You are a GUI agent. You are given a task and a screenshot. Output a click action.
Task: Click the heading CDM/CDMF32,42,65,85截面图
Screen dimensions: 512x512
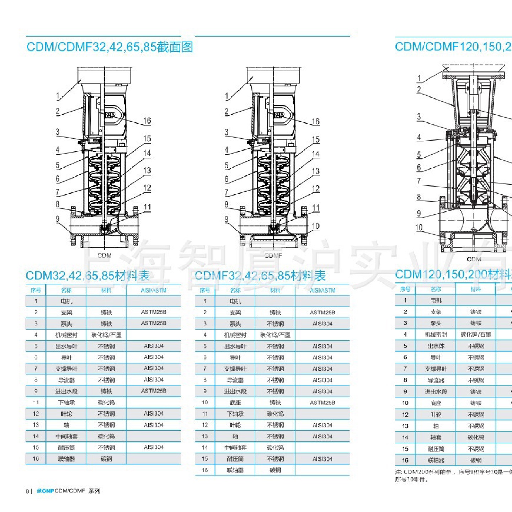coord(110,47)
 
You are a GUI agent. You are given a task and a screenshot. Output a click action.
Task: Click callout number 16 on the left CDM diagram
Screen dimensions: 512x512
coord(147,121)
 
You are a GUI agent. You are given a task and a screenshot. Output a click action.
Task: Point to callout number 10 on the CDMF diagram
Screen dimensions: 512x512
coord(315,226)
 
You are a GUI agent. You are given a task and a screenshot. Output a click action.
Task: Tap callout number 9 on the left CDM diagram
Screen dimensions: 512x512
coord(58,219)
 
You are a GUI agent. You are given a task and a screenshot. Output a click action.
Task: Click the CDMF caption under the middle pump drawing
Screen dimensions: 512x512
coord(273,256)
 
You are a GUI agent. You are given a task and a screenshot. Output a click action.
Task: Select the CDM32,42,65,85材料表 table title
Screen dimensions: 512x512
coord(87,276)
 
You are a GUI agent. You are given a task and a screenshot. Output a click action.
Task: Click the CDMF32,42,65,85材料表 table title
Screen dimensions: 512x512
coord(260,276)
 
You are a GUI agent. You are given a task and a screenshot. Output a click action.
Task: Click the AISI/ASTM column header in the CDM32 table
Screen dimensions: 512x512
coord(154,290)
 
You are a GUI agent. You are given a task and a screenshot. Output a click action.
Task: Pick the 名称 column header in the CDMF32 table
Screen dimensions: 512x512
coord(235,290)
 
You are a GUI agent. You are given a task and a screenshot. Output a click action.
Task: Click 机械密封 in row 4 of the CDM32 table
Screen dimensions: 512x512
coord(66,335)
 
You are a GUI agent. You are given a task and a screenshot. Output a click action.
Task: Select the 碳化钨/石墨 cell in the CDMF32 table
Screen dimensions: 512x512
coord(275,335)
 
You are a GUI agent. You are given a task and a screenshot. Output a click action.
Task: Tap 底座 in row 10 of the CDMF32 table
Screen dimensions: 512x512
coord(235,403)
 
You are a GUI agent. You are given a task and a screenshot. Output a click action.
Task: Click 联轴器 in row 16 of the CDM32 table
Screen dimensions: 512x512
coord(66,459)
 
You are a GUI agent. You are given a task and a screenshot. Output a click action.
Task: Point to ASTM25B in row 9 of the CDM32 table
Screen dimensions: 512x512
coord(154,391)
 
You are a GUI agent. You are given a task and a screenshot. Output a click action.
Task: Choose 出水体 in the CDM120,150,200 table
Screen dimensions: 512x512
coord(436,346)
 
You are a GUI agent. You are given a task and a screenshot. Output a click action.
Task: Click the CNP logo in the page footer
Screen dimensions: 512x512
coord(45,491)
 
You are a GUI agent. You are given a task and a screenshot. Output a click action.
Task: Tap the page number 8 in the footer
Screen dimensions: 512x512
coord(27,491)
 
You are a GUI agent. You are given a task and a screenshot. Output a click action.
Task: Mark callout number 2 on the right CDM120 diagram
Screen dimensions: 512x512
coord(419,90)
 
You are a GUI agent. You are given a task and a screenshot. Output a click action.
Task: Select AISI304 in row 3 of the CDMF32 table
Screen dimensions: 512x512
coord(322,324)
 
